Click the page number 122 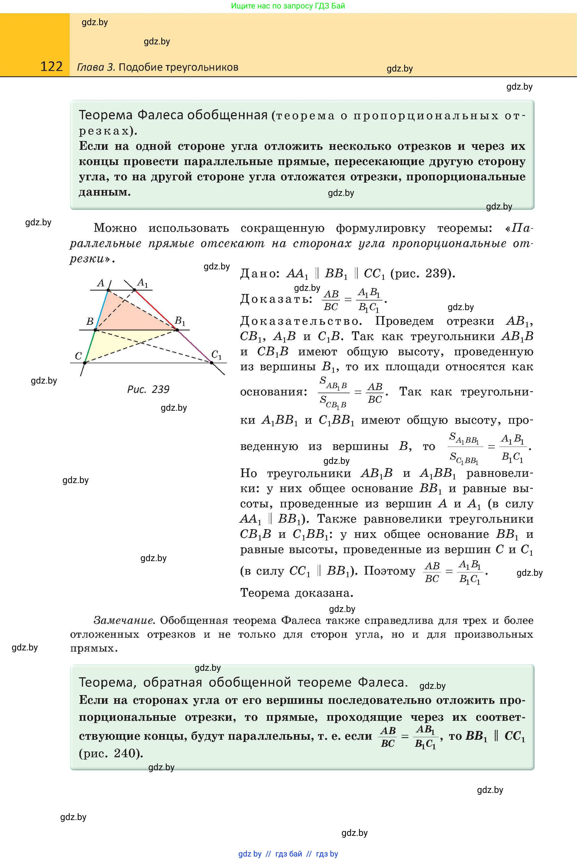51,66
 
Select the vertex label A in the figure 101,283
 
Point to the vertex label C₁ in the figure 216,355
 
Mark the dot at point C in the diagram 85,363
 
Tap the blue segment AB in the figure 102,310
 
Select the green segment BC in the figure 90,347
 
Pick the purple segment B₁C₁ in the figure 194,346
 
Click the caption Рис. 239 148,390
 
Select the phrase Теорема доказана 297,593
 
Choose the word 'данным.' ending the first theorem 105,192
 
